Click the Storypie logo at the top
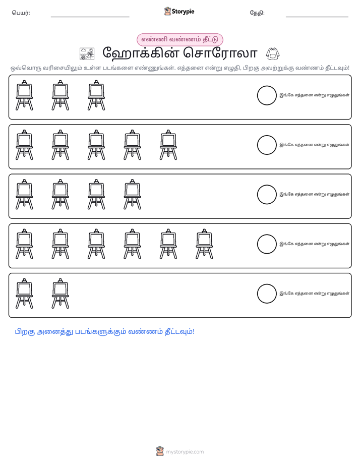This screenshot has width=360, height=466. [x=179, y=11]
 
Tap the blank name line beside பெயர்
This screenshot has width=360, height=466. [x=90, y=17]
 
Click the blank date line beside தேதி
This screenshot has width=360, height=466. [x=317, y=17]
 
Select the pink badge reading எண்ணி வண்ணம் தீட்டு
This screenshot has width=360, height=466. [x=179, y=39]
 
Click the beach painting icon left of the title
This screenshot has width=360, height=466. [x=87, y=54]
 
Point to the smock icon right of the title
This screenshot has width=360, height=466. [x=273, y=54]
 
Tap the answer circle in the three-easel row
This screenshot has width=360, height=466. [x=267, y=95]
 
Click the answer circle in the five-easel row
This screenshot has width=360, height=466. [x=267, y=145]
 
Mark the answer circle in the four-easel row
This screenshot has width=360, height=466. [x=267, y=195]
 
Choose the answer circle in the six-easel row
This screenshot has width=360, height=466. [x=267, y=244]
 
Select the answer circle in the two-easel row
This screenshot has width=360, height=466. [x=267, y=294]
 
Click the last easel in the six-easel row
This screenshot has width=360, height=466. [x=204, y=244]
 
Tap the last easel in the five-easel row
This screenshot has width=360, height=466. [x=168, y=145]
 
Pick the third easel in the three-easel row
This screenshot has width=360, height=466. [x=96, y=95]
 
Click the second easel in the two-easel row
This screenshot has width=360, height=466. [x=61, y=294]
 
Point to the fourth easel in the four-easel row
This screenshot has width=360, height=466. [x=133, y=195]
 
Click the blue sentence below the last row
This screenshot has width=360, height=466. [x=104, y=332]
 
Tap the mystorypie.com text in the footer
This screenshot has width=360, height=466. [x=185, y=452]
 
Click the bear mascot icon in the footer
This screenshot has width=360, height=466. [x=160, y=451]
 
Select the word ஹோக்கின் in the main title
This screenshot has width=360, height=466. [x=141, y=53]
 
